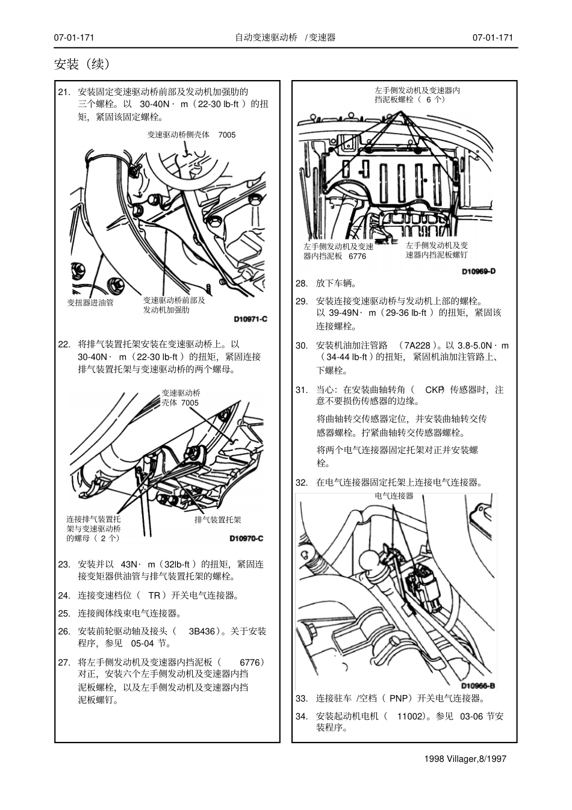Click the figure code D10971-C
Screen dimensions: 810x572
[x=250, y=320]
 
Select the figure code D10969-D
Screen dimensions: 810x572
[x=479, y=271]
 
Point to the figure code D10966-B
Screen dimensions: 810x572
[x=478, y=685]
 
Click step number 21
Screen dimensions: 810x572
[x=64, y=92]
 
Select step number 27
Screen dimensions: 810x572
[x=64, y=662]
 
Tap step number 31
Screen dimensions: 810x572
[x=302, y=390]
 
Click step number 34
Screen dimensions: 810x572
[x=302, y=716]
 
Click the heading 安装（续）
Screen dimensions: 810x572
[x=82, y=64]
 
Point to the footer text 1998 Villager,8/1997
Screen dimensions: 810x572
[x=465, y=758]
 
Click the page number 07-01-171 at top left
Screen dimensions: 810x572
[x=74, y=37]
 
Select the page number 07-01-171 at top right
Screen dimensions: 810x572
[x=493, y=37]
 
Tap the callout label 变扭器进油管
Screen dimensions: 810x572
[x=90, y=303]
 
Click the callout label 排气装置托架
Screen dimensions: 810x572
[x=217, y=519]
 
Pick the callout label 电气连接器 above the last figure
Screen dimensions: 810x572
[x=394, y=496]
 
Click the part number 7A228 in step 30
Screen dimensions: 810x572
[x=417, y=345]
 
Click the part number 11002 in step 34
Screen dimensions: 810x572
[x=409, y=716]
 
